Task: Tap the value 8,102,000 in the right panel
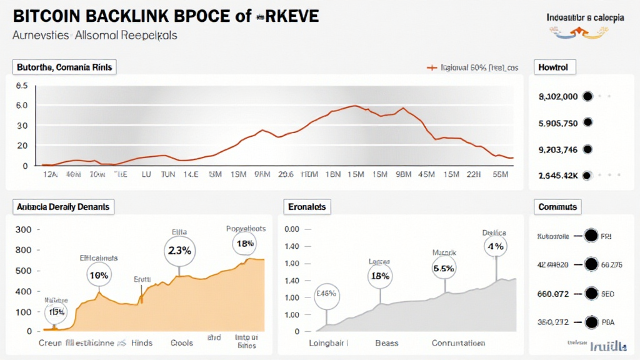click(558, 97)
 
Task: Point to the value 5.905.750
click(558, 123)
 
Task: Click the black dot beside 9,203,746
click(586, 149)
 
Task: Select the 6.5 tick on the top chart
click(21, 86)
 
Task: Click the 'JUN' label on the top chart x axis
click(167, 176)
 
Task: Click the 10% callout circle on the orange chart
click(99, 275)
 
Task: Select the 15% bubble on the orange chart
click(55, 311)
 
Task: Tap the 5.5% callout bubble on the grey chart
click(444, 267)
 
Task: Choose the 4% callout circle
click(496, 246)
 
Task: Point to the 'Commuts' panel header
click(558, 206)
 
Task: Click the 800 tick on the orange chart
click(22, 250)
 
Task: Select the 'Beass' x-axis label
click(386, 343)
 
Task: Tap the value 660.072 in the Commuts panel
click(553, 292)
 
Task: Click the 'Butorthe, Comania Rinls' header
click(65, 67)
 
